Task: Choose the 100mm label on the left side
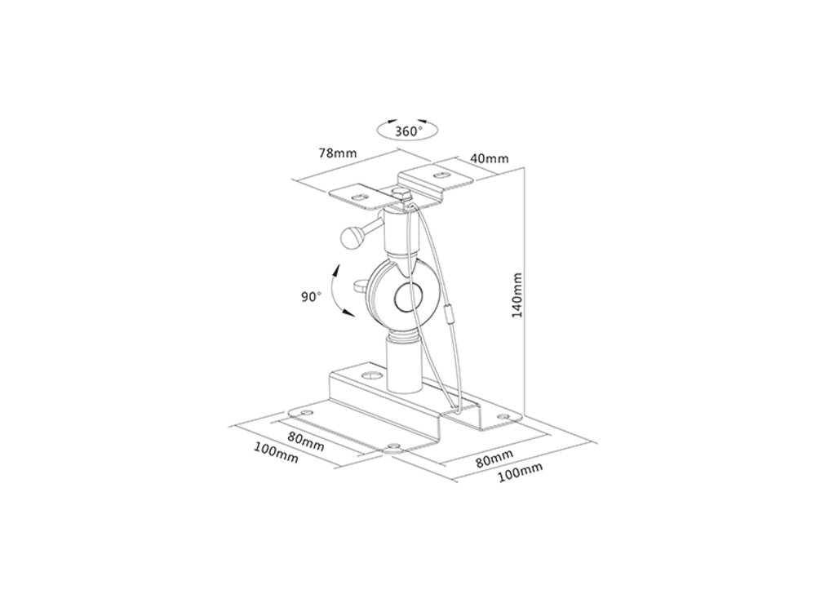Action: pos(276,453)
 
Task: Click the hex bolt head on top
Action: pos(401,194)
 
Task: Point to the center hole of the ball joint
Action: pos(406,299)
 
